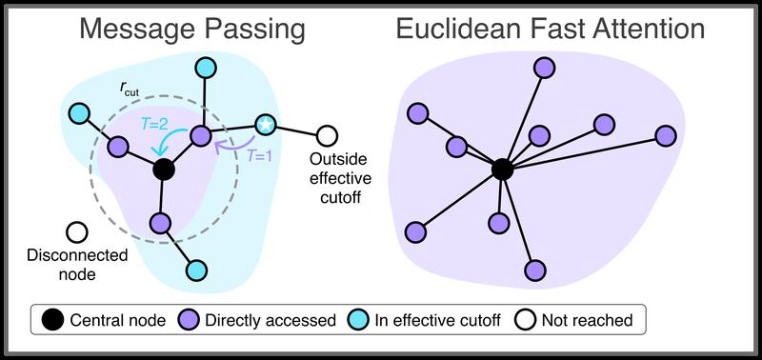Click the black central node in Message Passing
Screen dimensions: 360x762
(163, 170)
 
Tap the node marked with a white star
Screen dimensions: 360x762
(266, 126)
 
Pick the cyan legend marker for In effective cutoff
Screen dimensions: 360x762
(355, 319)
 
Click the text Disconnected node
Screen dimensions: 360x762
(62, 265)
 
